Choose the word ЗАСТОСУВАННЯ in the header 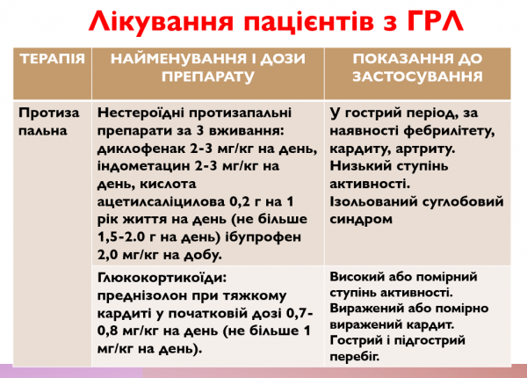pos(418,76)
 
